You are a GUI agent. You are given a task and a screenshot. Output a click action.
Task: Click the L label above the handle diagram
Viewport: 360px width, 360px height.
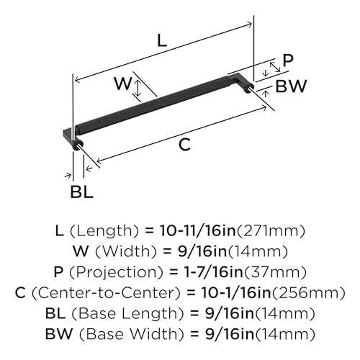(162, 40)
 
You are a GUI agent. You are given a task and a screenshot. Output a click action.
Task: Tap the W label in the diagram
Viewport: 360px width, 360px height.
(123, 84)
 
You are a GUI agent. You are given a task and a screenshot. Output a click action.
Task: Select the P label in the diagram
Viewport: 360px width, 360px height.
(288, 60)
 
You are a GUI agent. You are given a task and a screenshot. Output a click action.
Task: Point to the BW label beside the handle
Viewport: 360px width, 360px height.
(291, 86)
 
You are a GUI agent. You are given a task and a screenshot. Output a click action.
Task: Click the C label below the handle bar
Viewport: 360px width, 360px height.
(184, 145)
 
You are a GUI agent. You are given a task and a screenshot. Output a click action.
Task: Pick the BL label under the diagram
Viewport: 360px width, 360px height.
(81, 192)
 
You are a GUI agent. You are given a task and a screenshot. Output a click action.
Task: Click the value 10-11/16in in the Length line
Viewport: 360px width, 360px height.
(198, 230)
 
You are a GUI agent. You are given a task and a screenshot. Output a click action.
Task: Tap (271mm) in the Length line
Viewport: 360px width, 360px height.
(271, 231)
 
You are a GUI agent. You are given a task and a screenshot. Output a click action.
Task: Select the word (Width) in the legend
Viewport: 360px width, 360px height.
(126, 251)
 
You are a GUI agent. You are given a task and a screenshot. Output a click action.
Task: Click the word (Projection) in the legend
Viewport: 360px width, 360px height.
(117, 272)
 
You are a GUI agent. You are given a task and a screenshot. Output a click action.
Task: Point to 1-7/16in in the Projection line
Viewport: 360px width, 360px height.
(210, 272)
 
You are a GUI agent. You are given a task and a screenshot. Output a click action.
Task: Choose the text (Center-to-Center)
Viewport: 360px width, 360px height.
(106, 293)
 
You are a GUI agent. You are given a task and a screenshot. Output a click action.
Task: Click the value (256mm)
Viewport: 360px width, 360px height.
(309, 293)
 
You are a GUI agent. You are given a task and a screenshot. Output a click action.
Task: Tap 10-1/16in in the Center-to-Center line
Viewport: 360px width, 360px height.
(236, 292)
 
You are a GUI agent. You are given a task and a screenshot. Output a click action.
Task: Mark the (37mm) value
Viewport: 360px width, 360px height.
(275, 272)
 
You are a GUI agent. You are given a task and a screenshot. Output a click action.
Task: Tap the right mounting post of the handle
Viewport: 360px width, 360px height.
(248, 89)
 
